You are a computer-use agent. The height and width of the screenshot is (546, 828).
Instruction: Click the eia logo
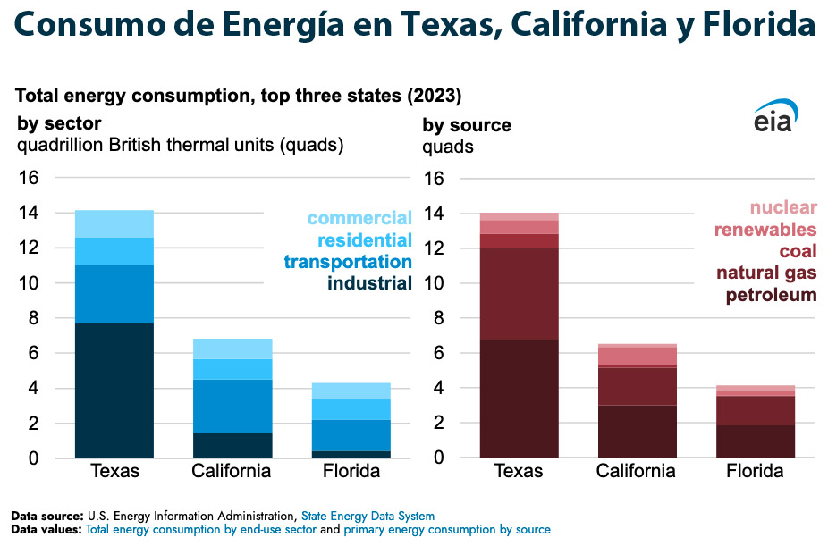(x=773, y=116)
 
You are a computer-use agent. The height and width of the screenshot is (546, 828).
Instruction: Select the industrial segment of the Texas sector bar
(x=114, y=391)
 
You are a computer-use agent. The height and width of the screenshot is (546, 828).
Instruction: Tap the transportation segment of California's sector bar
(x=232, y=406)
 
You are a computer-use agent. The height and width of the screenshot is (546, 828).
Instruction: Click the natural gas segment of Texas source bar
(x=519, y=293)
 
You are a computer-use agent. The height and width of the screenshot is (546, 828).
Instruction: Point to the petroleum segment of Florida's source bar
(x=756, y=441)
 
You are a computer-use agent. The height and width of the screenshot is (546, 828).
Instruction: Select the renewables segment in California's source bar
(x=638, y=356)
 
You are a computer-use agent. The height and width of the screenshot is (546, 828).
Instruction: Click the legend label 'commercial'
(x=359, y=218)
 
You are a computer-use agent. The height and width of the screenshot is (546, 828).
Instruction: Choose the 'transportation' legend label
(x=348, y=262)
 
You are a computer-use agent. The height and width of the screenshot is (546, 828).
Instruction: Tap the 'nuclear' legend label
(x=783, y=208)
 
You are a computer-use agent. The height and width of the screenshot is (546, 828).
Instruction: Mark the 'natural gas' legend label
(x=766, y=273)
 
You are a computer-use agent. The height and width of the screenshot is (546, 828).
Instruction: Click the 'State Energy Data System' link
(x=379, y=516)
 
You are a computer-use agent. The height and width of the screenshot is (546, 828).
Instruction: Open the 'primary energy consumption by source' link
(x=447, y=530)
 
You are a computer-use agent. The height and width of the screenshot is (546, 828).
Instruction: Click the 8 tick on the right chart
(x=435, y=318)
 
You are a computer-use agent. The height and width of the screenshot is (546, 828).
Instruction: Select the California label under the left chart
(x=232, y=471)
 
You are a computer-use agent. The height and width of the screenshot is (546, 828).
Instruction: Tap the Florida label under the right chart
(x=755, y=471)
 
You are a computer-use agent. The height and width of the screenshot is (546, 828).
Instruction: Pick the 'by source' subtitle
(x=467, y=125)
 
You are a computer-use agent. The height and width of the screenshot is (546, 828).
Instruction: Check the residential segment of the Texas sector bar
(x=114, y=251)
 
